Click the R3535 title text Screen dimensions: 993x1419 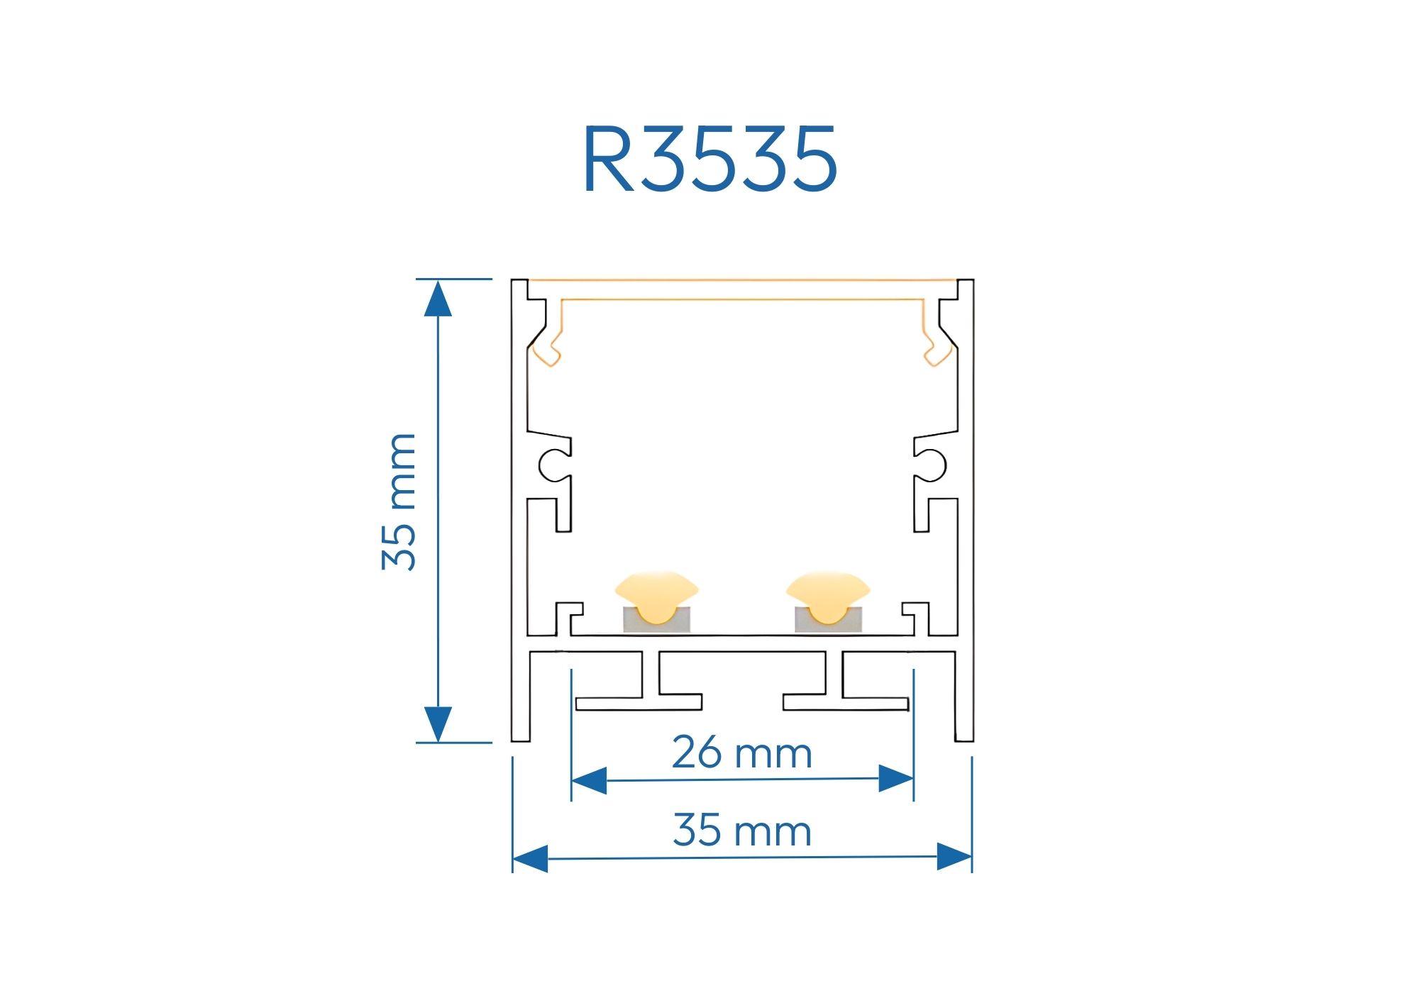coord(709,159)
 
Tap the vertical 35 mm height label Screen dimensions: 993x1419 coord(399,501)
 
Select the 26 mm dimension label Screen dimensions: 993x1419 coord(741,753)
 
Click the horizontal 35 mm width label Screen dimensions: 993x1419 coord(741,831)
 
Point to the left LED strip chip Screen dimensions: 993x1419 coord(656,603)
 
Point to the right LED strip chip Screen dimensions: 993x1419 coord(828,603)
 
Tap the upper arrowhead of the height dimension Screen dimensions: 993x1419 coord(438,299)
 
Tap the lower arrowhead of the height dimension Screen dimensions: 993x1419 coord(438,724)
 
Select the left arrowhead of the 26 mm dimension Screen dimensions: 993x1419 coord(589,780)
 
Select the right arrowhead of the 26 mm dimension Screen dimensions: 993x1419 coord(895,779)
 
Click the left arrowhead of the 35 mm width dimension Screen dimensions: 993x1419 coord(530,858)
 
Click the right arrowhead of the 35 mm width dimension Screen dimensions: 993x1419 coord(954,857)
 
